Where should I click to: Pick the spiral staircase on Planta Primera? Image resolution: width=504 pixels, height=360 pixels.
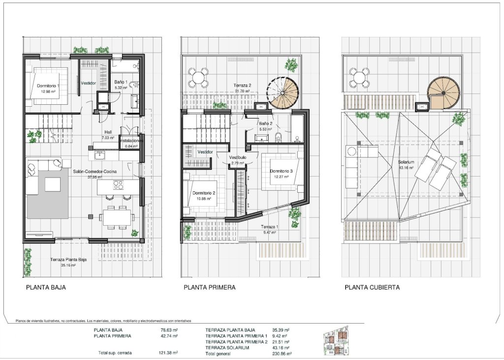click(x=286, y=93)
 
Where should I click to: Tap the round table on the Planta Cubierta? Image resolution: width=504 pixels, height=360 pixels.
click(x=359, y=77)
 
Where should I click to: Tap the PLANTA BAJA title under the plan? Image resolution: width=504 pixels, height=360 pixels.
click(x=46, y=288)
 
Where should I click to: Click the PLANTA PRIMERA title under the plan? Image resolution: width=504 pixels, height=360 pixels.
click(x=209, y=288)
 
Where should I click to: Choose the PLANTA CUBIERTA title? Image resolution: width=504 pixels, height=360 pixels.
click(x=372, y=288)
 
